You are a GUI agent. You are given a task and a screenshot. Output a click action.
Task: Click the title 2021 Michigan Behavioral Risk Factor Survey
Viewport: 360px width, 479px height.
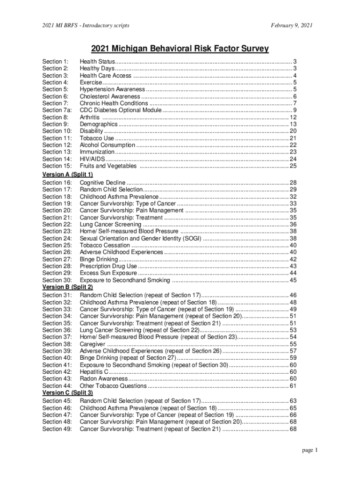(180, 49)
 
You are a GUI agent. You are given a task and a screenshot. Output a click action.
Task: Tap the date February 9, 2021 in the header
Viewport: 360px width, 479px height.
(288, 25)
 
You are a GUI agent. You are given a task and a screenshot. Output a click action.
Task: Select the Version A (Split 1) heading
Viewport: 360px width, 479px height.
(67, 174)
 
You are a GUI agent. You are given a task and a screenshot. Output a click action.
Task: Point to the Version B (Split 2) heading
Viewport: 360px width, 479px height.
(67, 287)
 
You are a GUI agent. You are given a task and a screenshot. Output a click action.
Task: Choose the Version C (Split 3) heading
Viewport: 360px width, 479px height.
(67, 393)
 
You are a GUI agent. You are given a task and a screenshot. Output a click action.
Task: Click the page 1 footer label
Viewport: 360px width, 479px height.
(310, 450)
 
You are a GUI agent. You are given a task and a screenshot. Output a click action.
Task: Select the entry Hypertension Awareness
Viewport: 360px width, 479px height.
(112, 89)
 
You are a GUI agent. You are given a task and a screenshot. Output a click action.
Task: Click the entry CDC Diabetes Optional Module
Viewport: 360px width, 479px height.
(121, 110)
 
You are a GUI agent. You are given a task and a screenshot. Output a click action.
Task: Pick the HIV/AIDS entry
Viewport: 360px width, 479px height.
(92, 159)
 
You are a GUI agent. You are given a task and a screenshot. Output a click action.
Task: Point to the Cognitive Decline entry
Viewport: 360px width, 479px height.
(102, 182)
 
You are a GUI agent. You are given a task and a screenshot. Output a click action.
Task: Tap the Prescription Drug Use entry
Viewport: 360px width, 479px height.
(108, 266)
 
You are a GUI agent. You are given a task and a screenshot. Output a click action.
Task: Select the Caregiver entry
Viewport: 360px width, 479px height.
(93, 344)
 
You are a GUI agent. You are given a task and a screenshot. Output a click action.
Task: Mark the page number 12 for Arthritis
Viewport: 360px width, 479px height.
(293, 117)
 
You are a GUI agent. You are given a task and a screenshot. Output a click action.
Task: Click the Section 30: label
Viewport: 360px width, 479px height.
(57, 280)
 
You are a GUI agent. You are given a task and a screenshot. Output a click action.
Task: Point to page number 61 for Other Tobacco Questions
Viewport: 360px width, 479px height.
(293, 386)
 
